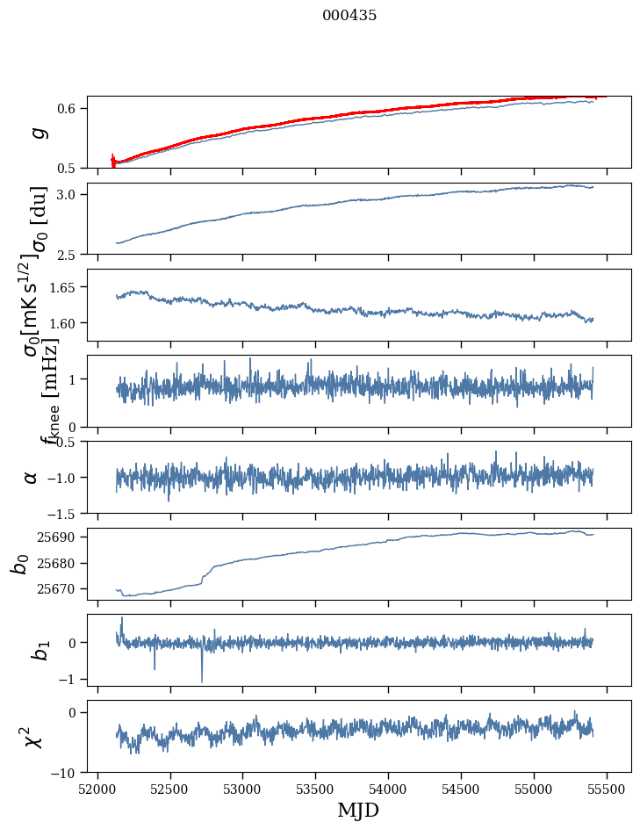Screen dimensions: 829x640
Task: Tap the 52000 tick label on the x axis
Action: [x=97, y=788]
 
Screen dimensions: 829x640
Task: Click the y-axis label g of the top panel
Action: [x=37, y=132]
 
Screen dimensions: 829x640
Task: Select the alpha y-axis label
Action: [x=32, y=477]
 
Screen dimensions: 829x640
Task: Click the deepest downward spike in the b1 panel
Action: [x=202, y=681]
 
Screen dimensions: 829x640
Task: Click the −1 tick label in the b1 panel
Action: [x=73, y=679]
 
